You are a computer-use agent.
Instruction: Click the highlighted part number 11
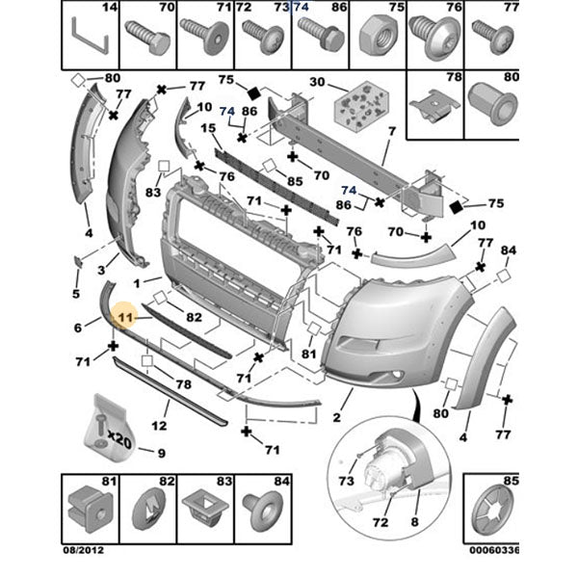125,314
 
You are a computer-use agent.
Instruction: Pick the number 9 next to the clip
161,454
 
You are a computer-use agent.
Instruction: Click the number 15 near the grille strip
208,128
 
